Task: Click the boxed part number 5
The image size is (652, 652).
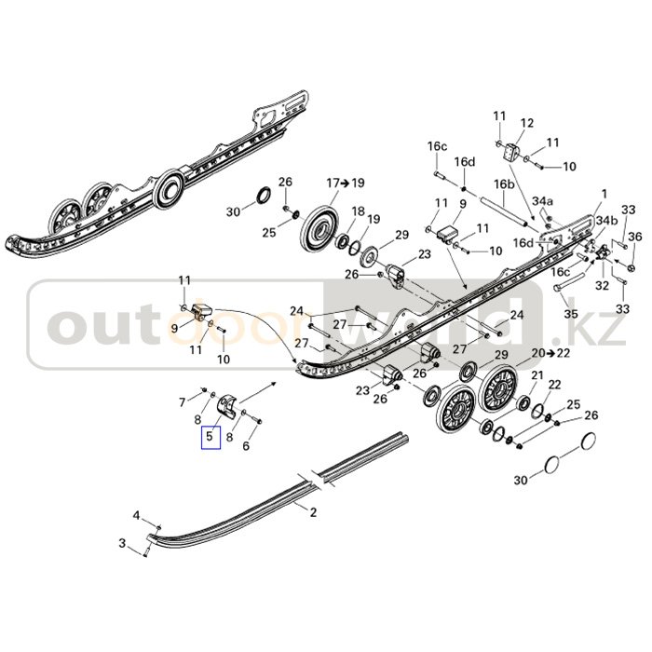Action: tap(211, 435)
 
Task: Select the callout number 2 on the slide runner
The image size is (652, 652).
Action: tap(313, 511)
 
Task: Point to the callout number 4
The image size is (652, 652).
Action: tap(135, 515)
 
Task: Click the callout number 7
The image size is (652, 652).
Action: tap(183, 401)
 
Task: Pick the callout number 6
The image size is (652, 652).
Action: tap(246, 446)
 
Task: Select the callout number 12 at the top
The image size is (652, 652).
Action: tap(526, 123)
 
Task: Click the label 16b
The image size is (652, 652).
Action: tap(504, 184)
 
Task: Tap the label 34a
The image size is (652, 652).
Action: tap(542, 201)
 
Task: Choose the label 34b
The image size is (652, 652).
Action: tap(605, 221)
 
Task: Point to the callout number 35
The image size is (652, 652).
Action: tap(571, 315)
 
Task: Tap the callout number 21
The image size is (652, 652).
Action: tap(537, 374)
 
